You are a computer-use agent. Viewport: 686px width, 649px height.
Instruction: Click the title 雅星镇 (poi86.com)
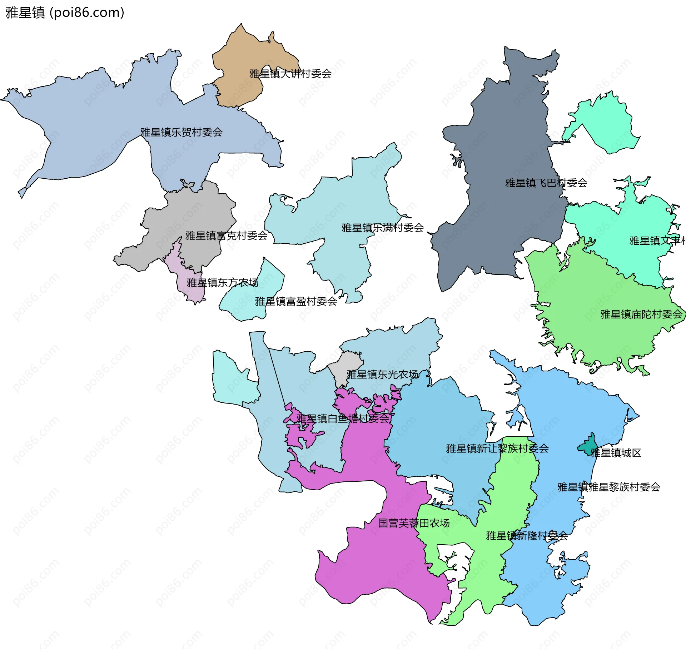65,13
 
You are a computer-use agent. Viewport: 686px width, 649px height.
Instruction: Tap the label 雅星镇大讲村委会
290,74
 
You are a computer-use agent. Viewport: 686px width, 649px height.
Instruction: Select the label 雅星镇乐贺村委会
182,132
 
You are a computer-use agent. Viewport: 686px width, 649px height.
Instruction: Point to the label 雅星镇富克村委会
226,236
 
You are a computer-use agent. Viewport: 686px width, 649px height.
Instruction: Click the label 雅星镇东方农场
222,283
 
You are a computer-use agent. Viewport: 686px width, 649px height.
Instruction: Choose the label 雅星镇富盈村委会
296,301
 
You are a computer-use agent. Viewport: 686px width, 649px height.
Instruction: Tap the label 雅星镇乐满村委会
383,228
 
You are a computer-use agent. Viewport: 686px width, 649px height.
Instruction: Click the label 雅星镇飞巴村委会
546,183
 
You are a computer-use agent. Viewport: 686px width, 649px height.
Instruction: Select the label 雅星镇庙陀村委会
641,314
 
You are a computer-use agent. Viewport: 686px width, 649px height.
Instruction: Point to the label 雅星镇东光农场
382,374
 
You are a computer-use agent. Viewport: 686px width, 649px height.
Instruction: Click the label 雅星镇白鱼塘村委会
343,418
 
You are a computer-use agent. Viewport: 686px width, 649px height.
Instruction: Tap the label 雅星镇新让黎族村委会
497,449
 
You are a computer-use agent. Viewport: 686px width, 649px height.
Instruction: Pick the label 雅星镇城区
616,453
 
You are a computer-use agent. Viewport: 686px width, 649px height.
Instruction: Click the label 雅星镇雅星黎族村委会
609,487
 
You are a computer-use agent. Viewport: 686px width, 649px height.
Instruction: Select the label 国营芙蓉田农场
414,523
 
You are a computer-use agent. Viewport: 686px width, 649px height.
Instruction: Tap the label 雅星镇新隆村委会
527,536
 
